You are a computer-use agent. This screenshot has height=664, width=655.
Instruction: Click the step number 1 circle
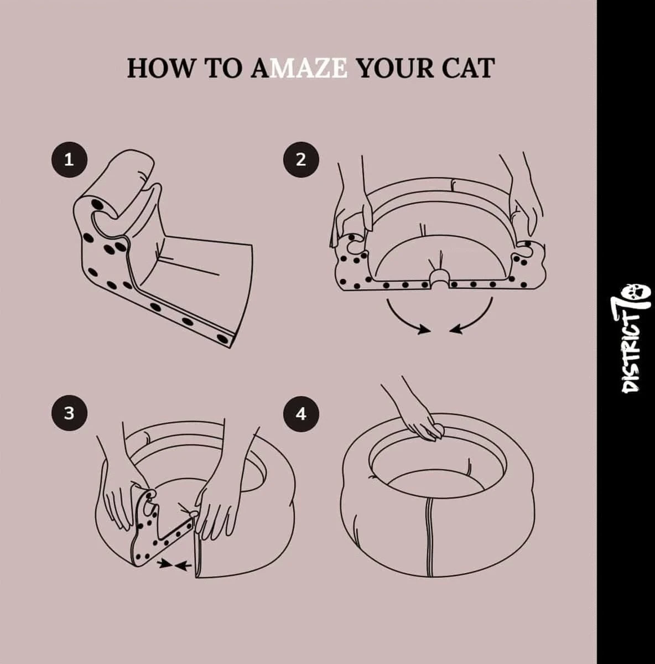click(69, 160)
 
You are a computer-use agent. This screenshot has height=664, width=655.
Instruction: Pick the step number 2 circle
click(300, 160)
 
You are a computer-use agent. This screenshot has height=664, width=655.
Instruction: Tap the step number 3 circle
click(69, 413)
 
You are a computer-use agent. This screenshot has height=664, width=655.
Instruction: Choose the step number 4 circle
click(300, 413)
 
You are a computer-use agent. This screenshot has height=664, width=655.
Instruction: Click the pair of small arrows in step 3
click(174, 564)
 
